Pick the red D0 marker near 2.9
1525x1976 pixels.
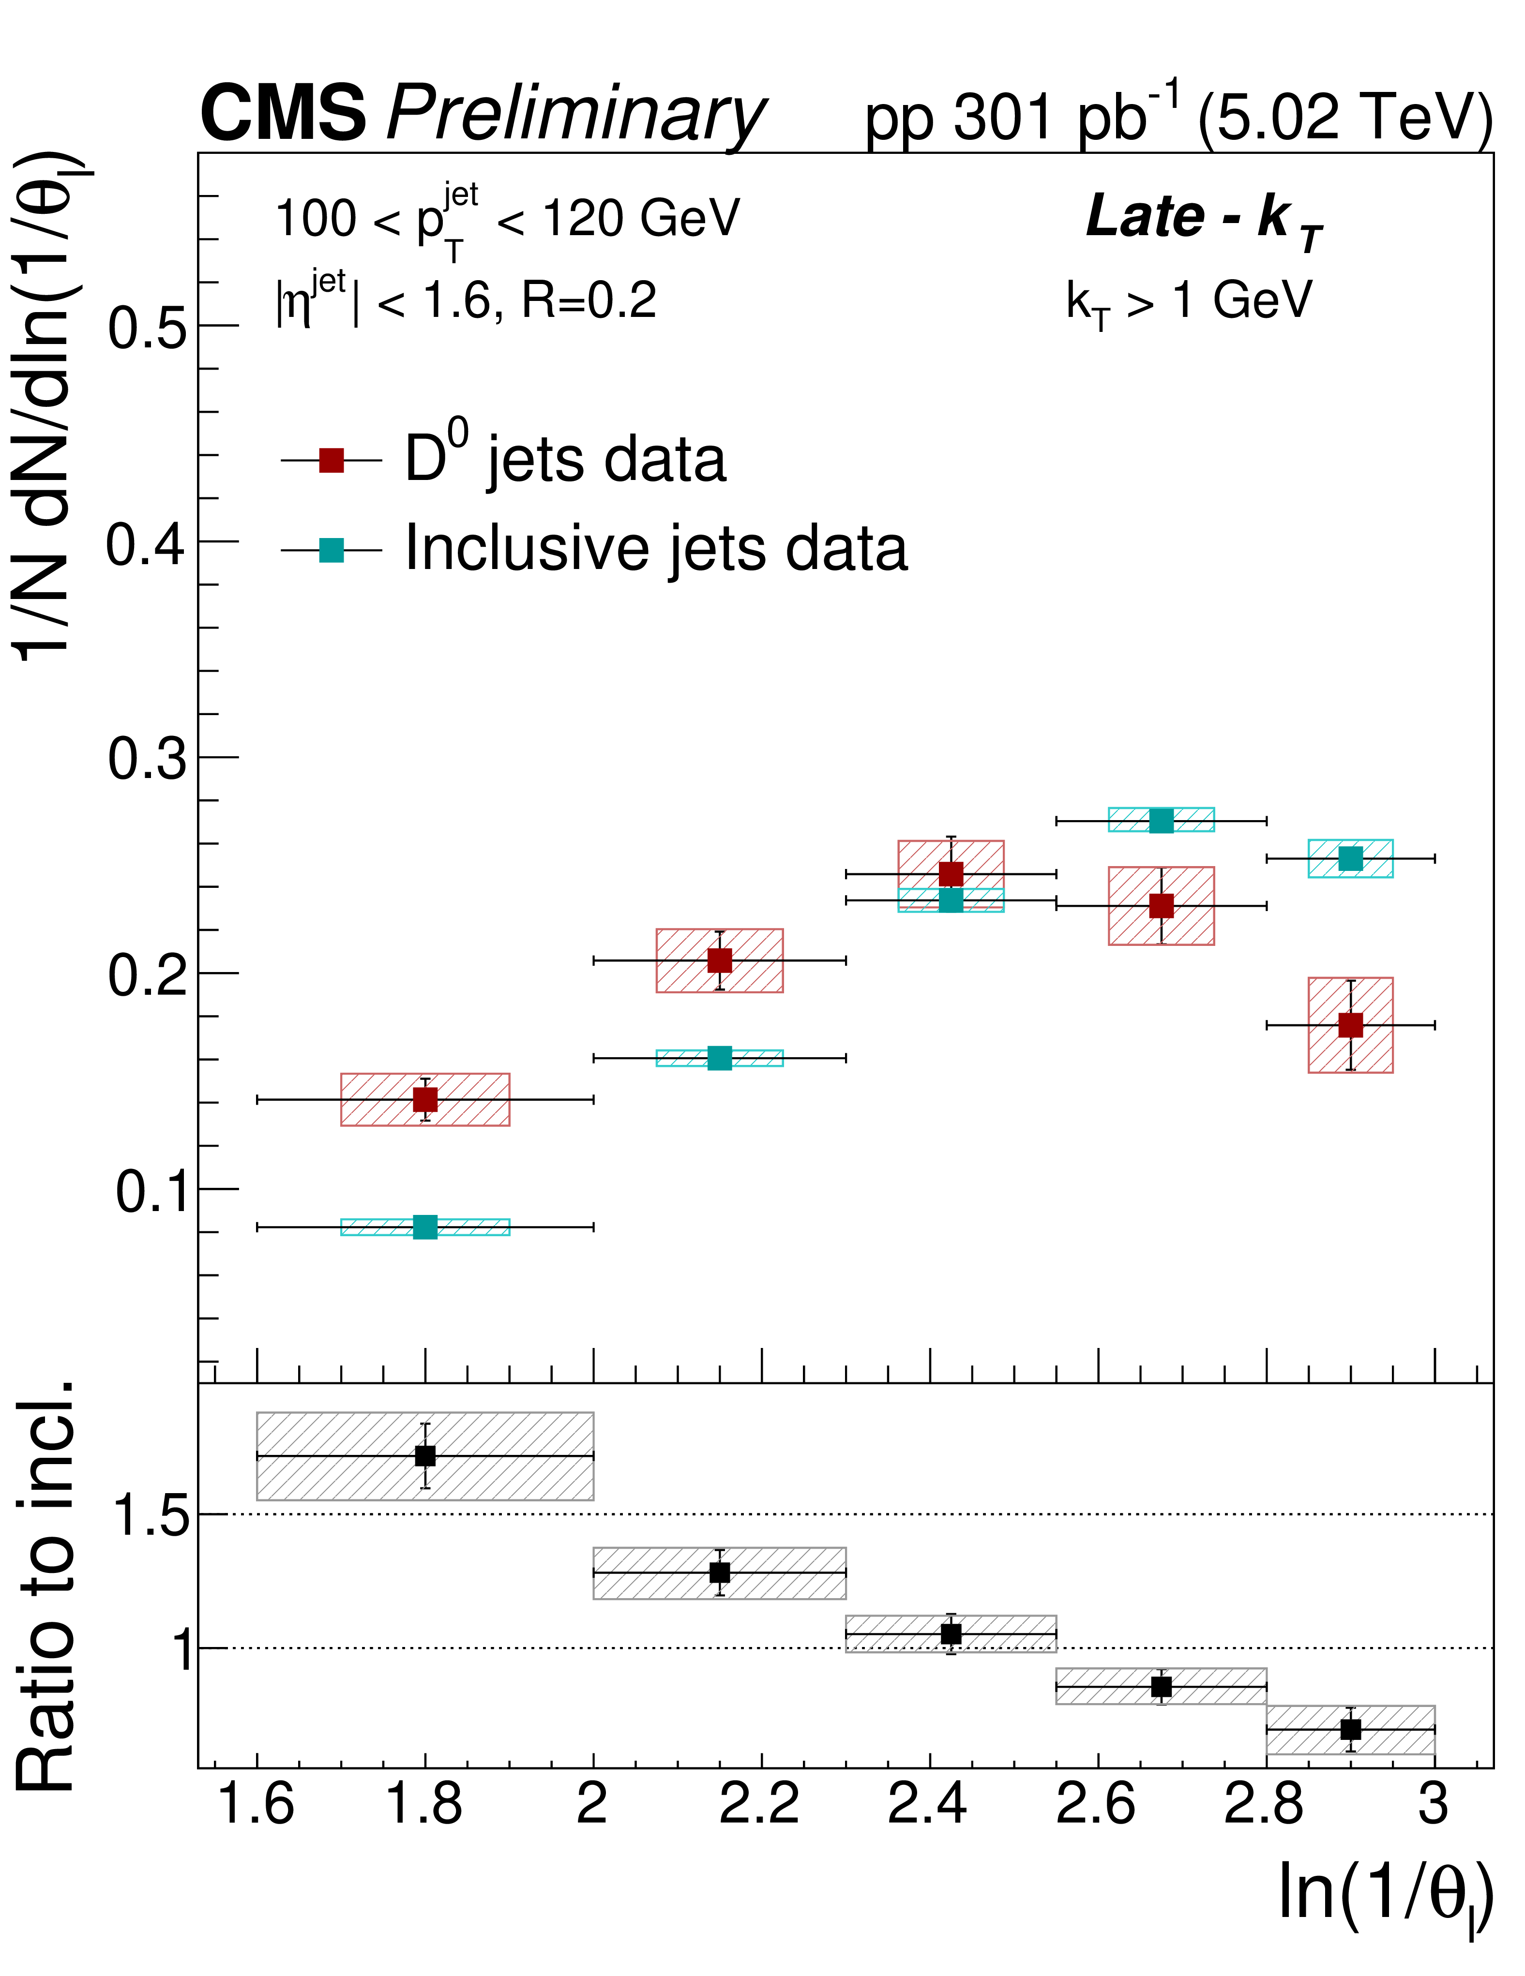point(1350,1025)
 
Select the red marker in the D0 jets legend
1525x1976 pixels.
point(331,461)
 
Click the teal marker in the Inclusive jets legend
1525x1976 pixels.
point(331,549)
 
